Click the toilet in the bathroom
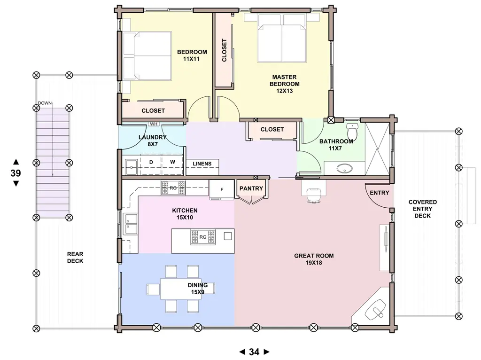coord(352,131)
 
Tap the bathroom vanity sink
coord(344,168)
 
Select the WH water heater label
coord(154,124)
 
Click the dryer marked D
coord(151,165)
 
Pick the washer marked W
coord(172,165)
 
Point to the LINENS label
coord(202,164)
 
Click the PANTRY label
coord(251,188)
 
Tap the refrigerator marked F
coord(222,190)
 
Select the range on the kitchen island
coord(203,237)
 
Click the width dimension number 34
coord(254,352)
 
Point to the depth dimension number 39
coord(16,173)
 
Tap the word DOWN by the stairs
coord(45,103)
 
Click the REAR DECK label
coord(75,258)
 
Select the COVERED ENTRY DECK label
coord(423,209)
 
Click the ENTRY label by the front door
coord(380,193)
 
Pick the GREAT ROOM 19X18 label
coord(314,259)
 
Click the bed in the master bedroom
coord(282,38)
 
